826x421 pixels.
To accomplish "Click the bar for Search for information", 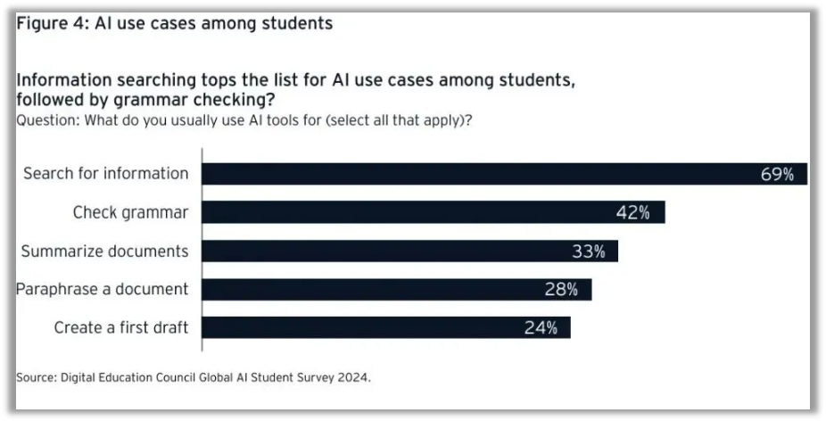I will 482,174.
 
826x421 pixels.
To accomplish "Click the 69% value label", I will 777,175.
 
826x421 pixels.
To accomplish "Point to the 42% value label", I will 632,213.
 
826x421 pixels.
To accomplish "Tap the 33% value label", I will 589,252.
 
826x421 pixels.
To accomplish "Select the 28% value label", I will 562,290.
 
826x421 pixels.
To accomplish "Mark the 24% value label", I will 541,328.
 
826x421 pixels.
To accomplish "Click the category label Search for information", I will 106,174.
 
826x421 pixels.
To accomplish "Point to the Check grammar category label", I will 130,212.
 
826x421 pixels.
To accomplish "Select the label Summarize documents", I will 105,252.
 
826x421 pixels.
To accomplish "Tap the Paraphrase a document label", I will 103,290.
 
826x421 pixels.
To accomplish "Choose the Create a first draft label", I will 121,328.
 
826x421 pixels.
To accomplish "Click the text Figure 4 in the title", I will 45,24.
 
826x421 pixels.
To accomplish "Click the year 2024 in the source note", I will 351,377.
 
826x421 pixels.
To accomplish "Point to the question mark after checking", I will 269,99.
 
